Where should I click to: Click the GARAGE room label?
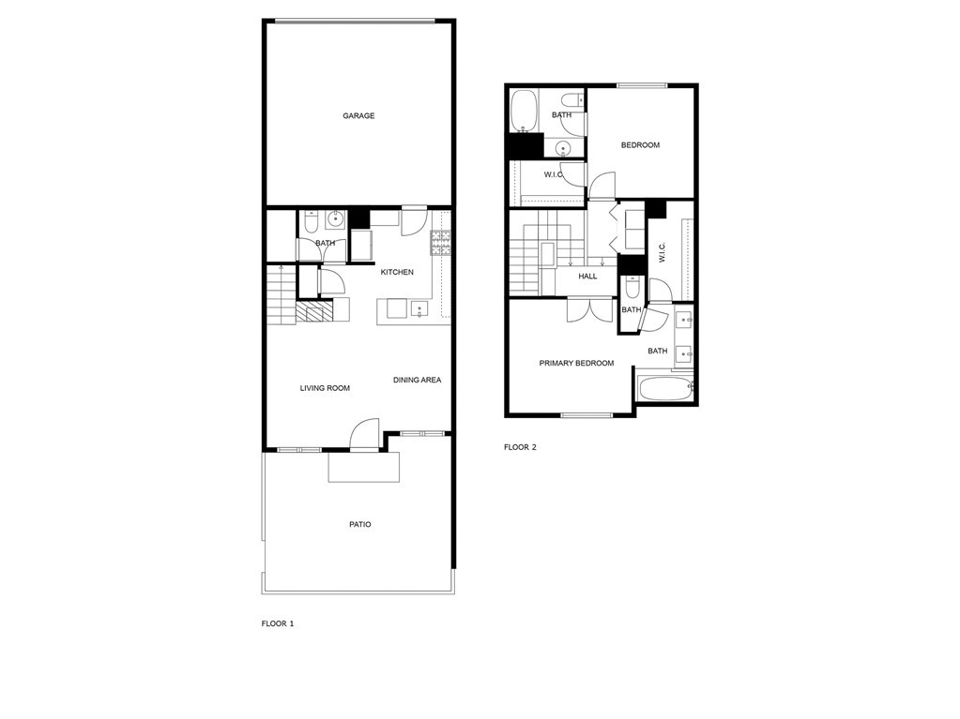pyautogui.click(x=358, y=115)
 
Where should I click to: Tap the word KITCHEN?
pyautogui.click(x=397, y=272)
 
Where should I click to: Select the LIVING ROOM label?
pyautogui.click(x=325, y=388)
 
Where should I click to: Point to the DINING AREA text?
pyautogui.click(x=417, y=380)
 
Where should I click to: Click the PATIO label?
pyautogui.click(x=360, y=524)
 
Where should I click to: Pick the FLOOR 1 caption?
pyautogui.click(x=278, y=623)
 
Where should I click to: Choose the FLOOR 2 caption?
pyautogui.click(x=520, y=447)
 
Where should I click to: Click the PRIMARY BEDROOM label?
pyautogui.click(x=576, y=363)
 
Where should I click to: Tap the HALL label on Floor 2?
pyautogui.click(x=587, y=277)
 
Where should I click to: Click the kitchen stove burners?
pyautogui.click(x=440, y=243)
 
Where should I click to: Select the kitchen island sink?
pyautogui.click(x=419, y=309)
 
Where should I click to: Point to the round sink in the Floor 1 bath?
pyautogui.click(x=335, y=218)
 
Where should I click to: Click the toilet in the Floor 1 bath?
pyautogui.click(x=310, y=222)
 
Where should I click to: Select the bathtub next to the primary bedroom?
pyautogui.click(x=665, y=388)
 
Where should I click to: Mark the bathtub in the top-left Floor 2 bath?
pyautogui.click(x=524, y=111)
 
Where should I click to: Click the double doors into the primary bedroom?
pyautogui.click(x=589, y=309)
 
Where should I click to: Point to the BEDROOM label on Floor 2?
pyautogui.click(x=640, y=145)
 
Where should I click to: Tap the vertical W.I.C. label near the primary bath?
pyautogui.click(x=662, y=252)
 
